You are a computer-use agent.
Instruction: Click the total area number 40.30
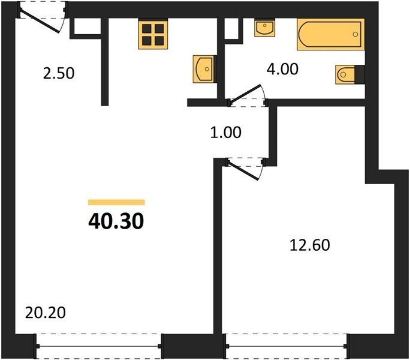coord(116,221)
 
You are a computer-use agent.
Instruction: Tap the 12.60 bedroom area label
coord(310,245)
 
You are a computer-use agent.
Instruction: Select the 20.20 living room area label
coord(45,313)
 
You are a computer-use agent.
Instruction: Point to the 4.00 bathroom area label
coord(282,69)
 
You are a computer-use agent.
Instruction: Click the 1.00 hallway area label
coord(225,132)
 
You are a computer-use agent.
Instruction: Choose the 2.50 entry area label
coord(59,73)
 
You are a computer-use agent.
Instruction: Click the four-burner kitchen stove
coord(153,34)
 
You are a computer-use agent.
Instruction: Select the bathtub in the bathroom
coord(331,34)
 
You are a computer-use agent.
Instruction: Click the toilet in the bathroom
coord(346,74)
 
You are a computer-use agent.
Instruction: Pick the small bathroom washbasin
coord(264,28)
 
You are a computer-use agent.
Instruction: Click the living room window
coord(99,346)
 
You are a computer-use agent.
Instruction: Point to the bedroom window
coord(287,346)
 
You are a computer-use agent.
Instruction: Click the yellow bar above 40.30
coord(116,202)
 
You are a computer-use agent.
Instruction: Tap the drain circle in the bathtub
coord(355,34)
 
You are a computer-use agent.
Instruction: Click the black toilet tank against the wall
coord(360,74)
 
